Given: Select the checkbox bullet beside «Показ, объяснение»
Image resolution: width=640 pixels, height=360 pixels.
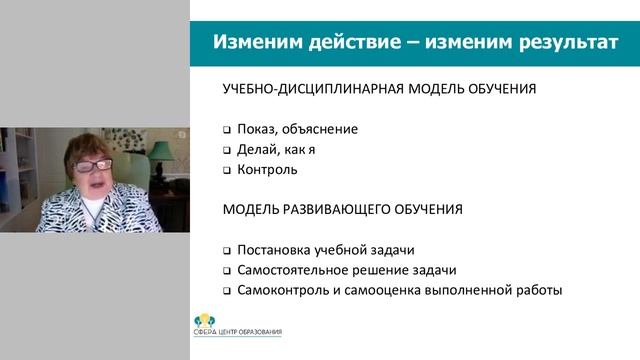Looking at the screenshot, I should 227,130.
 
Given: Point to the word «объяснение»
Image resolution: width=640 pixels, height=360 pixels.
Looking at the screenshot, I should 319,129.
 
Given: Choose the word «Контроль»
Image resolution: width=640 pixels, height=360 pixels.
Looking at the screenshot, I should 268,169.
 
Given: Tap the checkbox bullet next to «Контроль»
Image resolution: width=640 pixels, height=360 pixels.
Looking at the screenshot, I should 227,170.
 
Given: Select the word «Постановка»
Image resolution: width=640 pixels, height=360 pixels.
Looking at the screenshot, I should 273,250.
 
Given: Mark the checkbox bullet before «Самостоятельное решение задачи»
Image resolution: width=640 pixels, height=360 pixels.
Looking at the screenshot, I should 227,271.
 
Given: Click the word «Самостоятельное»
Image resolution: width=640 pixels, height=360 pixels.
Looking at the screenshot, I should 291,270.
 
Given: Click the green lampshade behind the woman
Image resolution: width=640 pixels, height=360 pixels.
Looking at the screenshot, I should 159,150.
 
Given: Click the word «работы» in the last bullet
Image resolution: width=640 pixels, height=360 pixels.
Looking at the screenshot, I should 539,290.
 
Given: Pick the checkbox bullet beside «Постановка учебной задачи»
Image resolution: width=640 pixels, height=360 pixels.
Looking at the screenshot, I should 227,251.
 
